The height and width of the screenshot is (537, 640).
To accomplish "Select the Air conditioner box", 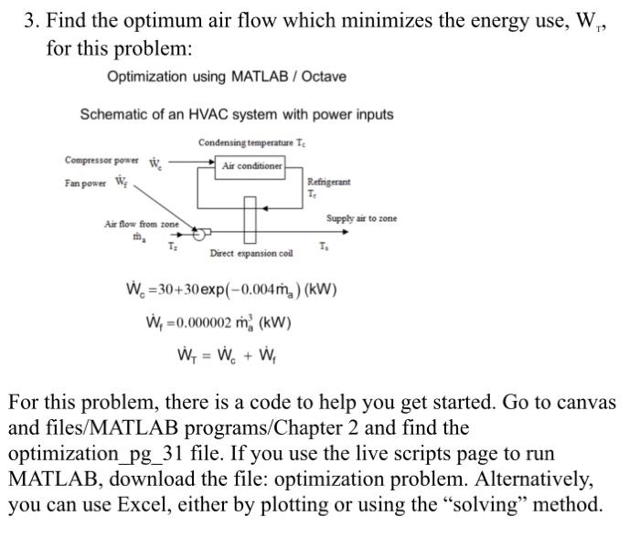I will point(253,165).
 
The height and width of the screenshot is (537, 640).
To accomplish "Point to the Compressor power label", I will point(100,161).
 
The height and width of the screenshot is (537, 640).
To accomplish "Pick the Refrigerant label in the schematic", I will point(327,183).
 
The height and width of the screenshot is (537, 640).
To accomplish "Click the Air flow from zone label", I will point(142,224).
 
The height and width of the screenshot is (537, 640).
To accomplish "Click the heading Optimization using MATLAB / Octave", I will point(227,77).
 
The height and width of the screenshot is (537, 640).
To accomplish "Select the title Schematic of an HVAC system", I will point(237,115).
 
